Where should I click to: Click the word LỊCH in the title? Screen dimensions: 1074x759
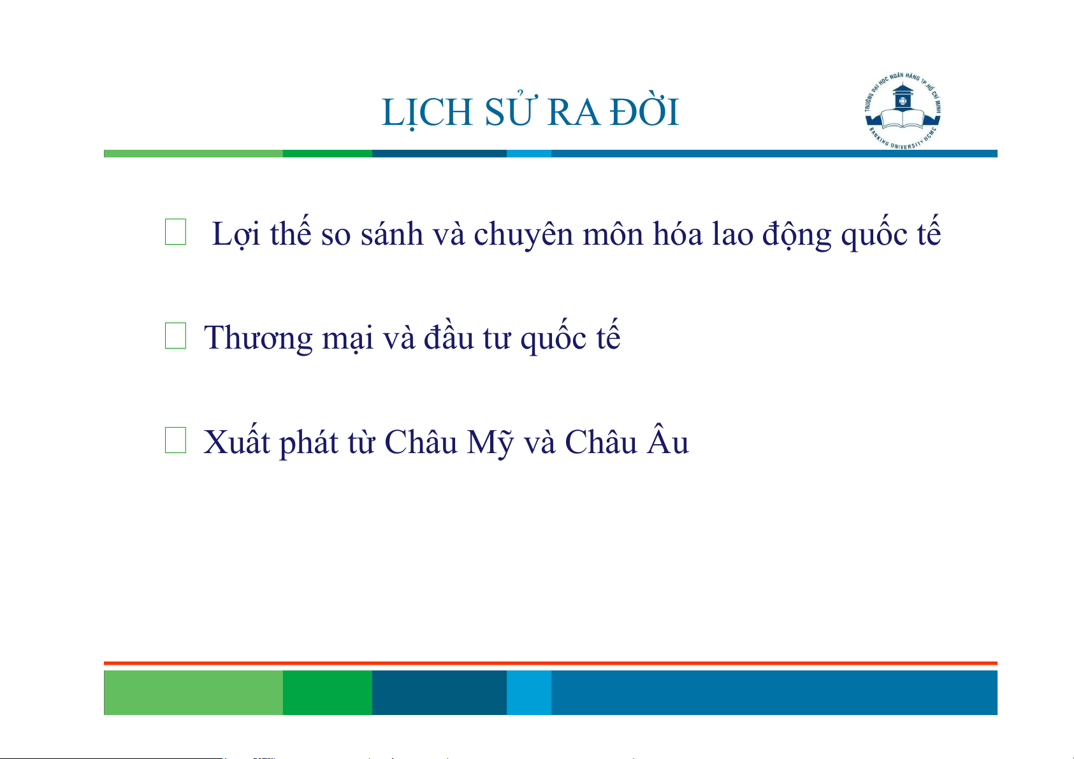click(427, 113)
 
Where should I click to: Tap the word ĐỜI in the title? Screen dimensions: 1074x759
click(644, 111)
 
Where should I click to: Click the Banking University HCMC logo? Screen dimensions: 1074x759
click(903, 111)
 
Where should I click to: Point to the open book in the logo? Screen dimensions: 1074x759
click(903, 119)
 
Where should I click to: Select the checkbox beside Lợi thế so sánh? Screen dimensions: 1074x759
click(175, 231)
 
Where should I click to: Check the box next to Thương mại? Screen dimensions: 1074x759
click(175, 335)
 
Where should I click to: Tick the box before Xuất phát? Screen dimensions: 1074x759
click(175, 440)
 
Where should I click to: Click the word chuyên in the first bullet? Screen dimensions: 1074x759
click(523, 235)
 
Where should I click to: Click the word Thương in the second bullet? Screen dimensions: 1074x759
click(258, 338)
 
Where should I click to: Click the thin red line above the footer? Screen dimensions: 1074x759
click(551, 663)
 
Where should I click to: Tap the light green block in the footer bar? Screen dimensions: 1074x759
click(193, 692)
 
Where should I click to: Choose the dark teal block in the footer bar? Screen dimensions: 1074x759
click(439, 692)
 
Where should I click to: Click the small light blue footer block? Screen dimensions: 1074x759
click(529, 692)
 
